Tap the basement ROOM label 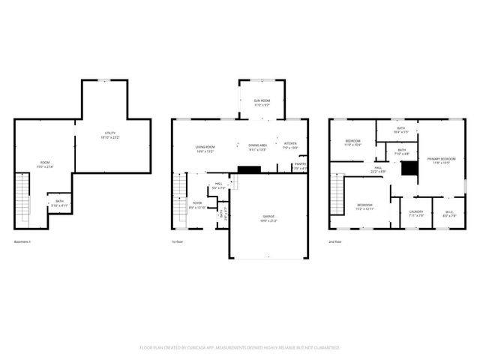coord(45,163)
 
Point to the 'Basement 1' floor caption coord(24,242)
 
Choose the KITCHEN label coord(290,144)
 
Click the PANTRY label coord(300,165)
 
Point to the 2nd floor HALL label coord(379,169)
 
